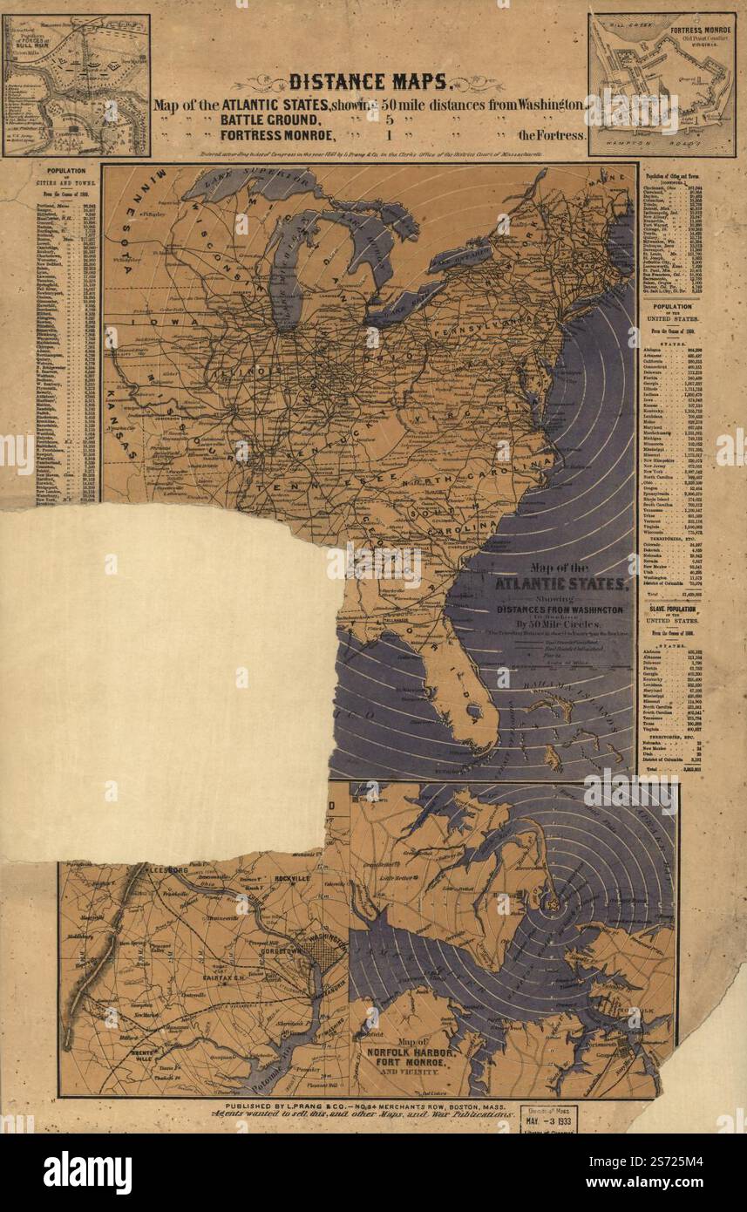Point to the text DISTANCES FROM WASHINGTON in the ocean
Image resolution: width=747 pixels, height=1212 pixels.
click(x=560, y=609)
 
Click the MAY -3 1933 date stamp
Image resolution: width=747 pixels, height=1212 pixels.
click(x=548, y=1120)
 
